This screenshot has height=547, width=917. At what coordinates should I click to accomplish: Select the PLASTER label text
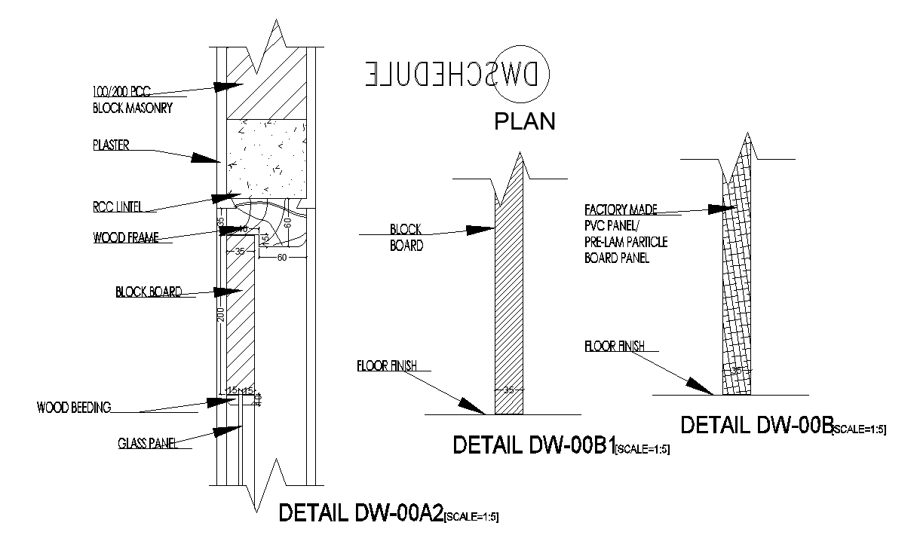110,145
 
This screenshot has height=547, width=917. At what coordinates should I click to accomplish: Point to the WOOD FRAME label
126,237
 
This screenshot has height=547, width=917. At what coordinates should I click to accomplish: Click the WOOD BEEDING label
74,408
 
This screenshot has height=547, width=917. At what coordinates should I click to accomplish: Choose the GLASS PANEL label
147,443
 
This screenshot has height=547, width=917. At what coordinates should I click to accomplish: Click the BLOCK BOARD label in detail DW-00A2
148,292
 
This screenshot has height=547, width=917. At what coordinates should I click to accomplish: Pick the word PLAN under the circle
524,121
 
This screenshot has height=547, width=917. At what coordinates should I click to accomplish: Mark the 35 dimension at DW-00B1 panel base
508,390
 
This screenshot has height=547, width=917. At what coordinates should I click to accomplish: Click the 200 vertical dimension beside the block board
221,314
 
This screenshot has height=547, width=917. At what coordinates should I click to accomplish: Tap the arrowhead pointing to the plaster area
205,159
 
